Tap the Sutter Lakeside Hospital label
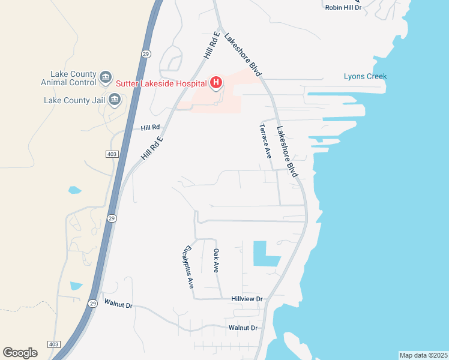pos(161,83)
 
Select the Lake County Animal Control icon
pos(106,77)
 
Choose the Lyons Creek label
pos(365,76)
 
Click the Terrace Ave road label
pos(265,141)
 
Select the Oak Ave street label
pos(217,260)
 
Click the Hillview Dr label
pos(247,299)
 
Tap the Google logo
pos(20,353)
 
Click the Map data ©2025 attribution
pos(423,355)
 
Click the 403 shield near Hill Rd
pos(111,154)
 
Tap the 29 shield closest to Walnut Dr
pos(92,303)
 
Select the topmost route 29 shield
pos(146,54)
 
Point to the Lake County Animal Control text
pos(68,77)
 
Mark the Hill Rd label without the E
pos(150,128)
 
